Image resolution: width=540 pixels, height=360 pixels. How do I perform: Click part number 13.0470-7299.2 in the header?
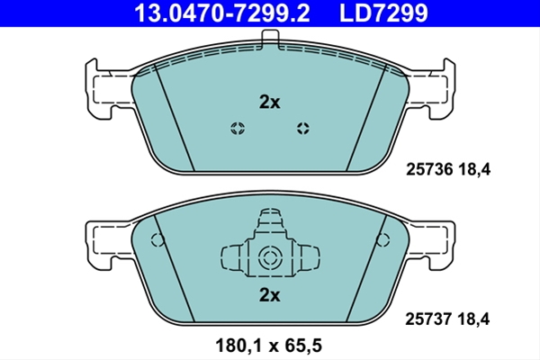pos(221,13)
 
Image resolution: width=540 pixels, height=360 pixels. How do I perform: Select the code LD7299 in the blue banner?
pos(383,13)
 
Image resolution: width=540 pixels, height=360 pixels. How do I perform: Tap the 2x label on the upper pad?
pos(270,102)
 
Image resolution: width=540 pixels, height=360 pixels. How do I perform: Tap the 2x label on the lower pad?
pos(270,295)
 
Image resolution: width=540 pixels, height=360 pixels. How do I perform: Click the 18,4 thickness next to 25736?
pos(474,169)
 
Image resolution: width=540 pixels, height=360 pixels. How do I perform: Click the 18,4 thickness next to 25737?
pos(473,319)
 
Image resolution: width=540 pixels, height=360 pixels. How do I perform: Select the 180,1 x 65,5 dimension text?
pos(268,346)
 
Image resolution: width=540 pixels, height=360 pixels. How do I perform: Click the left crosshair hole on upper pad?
pos(238,129)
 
